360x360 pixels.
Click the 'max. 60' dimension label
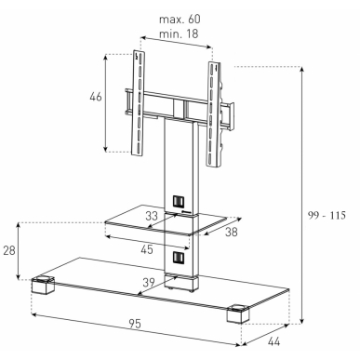tap(180, 20)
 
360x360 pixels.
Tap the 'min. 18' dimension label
tap(179, 33)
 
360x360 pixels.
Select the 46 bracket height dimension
tap(96, 97)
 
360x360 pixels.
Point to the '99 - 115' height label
tap(327, 215)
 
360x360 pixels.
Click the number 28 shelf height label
tap(9, 250)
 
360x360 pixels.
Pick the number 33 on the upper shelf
tap(152, 216)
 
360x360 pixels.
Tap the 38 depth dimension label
tap(232, 232)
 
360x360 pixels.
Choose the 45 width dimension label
tap(147, 249)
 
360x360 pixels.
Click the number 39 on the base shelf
tap(149, 283)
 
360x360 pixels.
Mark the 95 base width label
tap(135, 324)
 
